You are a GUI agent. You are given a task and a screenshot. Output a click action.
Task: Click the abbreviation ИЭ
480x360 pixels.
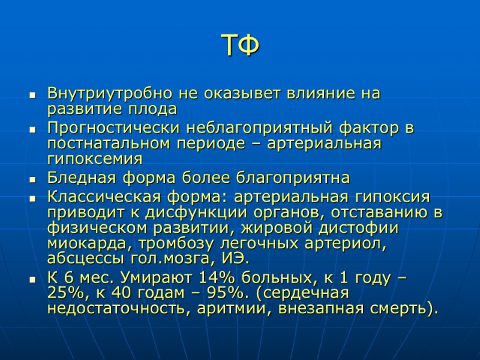coord(236,260)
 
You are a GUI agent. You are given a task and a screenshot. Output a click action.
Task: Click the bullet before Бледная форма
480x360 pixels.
coord(32,179)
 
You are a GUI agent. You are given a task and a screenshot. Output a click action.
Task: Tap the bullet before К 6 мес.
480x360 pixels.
coord(32,280)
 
